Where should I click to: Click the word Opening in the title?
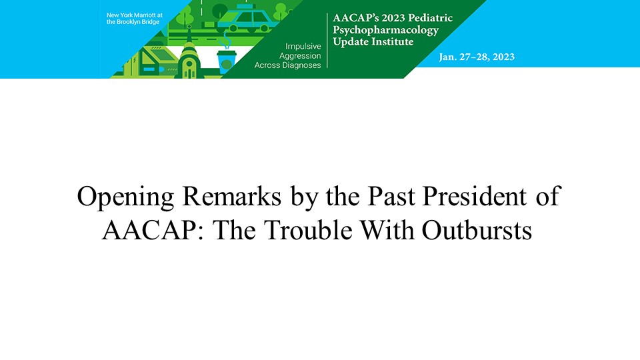point(126,197)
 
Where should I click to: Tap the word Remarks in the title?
point(232,196)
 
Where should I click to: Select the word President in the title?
point(474,196)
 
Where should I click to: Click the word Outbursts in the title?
point(477,230)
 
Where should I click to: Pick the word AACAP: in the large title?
point(153,230)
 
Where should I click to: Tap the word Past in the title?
point(391,196)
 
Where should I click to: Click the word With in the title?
point(387,230)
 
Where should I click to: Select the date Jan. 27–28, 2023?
point(477,57)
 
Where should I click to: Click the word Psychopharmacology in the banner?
point(386,30)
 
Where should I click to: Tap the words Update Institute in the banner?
point(373,41)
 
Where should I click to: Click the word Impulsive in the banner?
point(303,46)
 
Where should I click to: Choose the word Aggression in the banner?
point(300,56)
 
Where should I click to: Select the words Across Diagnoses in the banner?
point(288,65)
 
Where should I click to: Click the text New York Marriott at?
point(134,15)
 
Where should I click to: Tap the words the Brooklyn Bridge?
point(133,22)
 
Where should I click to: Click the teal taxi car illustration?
point(245,19)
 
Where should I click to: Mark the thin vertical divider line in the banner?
point(327,41)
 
